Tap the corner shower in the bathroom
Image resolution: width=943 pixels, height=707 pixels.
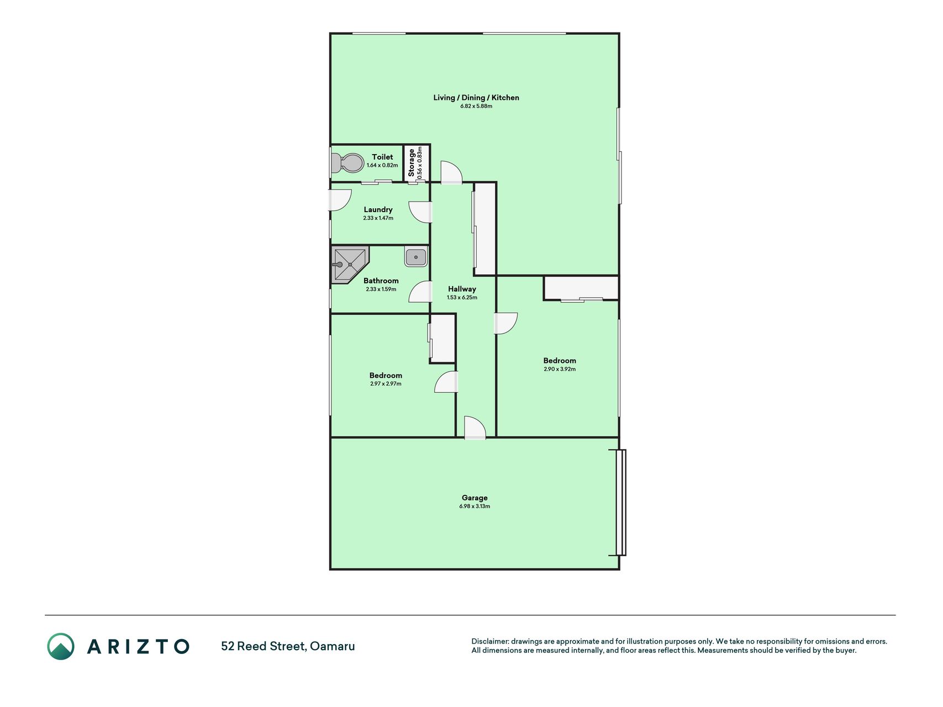(350, 265)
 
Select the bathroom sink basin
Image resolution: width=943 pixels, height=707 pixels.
(415, 257)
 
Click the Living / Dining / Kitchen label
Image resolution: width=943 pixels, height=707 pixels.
(476, 98)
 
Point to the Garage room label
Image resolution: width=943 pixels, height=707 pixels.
(475, 498)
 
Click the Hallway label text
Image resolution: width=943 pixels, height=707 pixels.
(462, 289)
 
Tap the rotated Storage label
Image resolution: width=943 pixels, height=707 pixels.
(411, 162)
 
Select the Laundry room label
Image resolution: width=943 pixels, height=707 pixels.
(378, 209)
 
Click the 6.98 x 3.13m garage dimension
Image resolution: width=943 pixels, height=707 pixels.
(475, 506)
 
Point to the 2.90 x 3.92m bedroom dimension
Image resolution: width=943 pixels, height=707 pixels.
(560, 369)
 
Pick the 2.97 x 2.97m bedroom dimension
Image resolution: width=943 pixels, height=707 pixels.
(386, 384)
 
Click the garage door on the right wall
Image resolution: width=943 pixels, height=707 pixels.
(621, 503)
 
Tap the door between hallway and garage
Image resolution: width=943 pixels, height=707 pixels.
(475, 428)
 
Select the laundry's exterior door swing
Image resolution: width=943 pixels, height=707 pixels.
(340, 200)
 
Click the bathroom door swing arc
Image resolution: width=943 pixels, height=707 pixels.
(420, 292)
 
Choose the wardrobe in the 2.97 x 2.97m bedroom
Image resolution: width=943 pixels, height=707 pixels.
(442, 339)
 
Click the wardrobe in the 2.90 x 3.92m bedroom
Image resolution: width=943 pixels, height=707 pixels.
(581, 288)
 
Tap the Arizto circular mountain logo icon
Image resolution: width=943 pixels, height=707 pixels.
(61, 646)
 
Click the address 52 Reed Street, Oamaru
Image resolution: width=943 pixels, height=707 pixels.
(288, 646)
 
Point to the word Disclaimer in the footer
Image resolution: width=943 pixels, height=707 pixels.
(489, 642)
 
